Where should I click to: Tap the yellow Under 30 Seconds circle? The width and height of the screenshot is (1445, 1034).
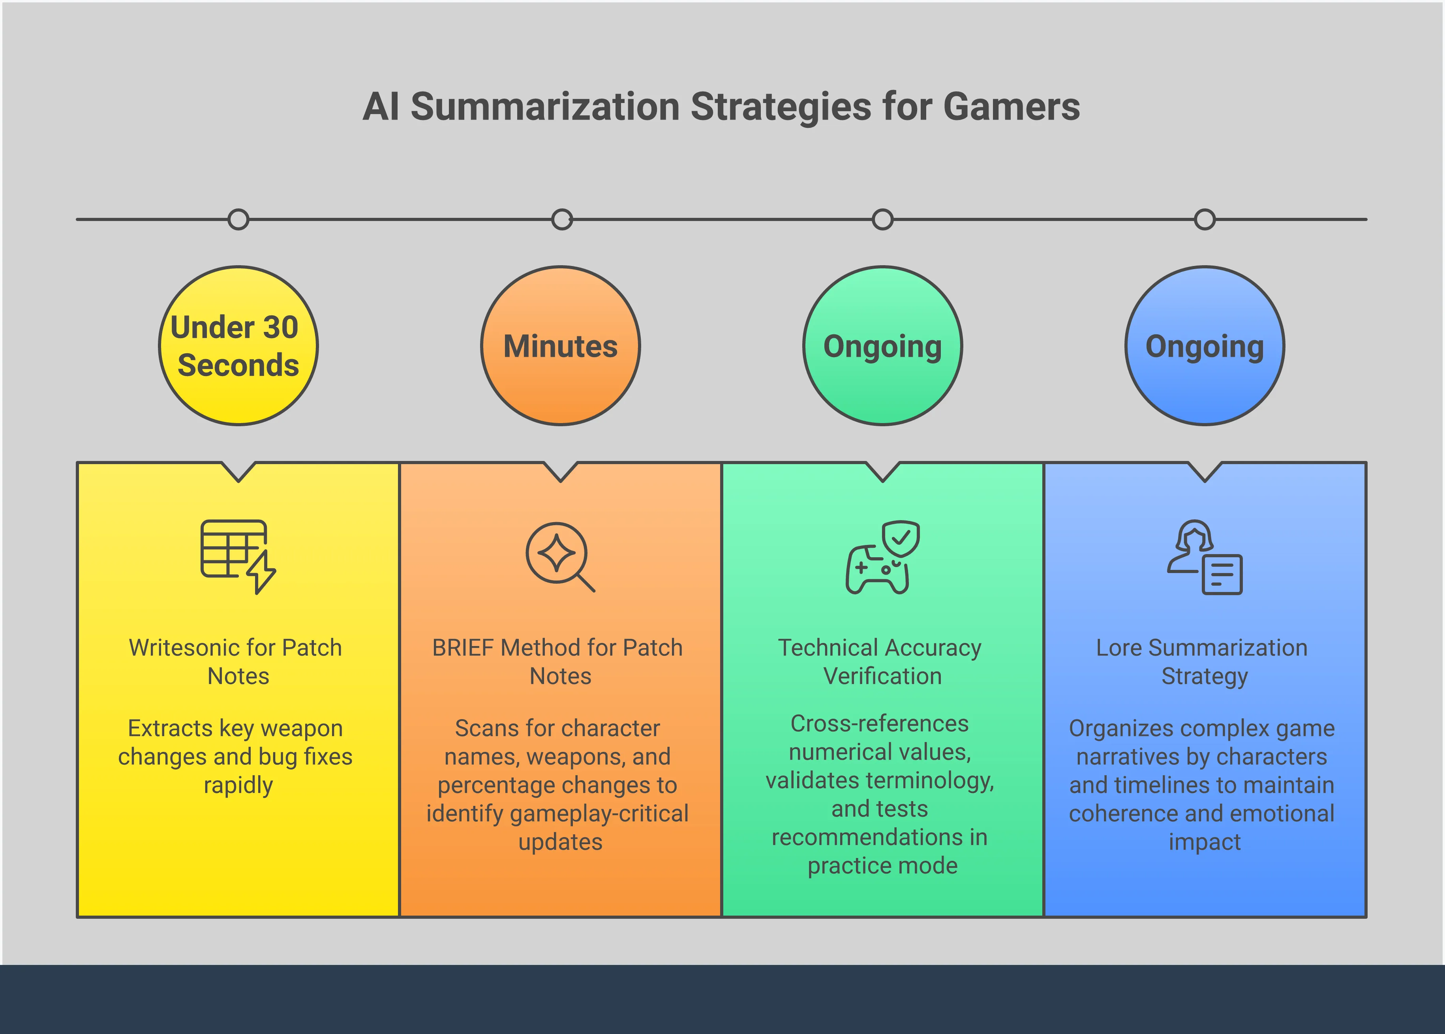[238, 346]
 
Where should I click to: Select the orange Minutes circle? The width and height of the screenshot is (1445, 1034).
[560, 346]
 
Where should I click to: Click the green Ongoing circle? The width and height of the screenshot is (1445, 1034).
[883, 346]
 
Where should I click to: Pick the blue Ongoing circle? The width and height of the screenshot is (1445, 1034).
[1205, 346]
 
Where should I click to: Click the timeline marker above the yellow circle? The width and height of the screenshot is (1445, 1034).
[238, 220]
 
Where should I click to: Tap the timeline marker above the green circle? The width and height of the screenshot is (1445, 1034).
[883, 220]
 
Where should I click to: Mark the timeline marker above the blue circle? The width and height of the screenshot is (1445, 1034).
[1205, 220]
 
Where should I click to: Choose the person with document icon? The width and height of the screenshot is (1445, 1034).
[1204, 557]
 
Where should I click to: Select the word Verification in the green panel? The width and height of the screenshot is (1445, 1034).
[883, 676]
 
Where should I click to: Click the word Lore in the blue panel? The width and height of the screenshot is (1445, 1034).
[1119, 648]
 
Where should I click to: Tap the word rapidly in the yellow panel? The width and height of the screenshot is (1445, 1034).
[238, 785]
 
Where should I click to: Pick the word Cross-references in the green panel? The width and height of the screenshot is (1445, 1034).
[880, 724]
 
